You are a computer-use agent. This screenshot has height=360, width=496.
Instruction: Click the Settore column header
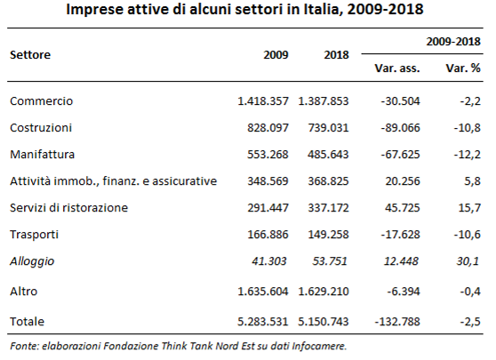30,55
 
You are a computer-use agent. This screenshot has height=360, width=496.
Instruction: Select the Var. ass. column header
397,68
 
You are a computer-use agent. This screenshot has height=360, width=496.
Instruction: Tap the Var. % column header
463,68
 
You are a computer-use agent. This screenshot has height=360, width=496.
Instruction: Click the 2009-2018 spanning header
453,42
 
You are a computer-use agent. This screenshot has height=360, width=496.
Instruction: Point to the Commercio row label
41,101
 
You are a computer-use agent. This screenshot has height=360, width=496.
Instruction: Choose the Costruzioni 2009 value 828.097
268,128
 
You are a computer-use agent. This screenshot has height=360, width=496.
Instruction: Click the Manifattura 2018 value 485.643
328,155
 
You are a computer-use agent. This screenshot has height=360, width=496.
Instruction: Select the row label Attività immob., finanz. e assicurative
113,181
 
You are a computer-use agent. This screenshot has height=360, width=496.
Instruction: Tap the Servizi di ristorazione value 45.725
403,208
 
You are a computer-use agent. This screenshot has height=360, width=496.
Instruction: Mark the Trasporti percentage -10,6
467,235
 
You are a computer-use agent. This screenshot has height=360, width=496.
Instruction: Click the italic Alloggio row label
32,261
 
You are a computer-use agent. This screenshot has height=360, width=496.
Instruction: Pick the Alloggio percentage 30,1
468,261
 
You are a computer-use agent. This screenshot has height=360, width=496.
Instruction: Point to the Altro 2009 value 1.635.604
263,291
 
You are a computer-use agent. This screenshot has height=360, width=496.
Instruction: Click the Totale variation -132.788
397,322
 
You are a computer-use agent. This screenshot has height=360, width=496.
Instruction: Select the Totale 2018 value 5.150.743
324,322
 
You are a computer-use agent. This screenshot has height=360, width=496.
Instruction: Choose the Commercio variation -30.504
401,101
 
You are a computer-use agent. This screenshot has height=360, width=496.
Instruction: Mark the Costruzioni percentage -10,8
467,128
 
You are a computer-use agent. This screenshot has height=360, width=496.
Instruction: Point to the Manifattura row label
42,155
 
